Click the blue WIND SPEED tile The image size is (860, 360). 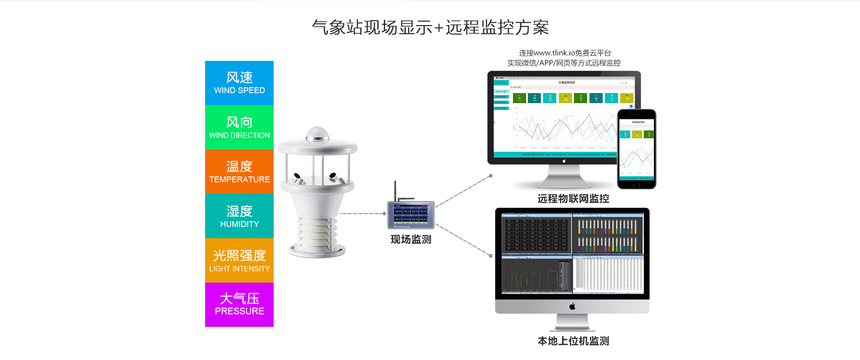[239, 83]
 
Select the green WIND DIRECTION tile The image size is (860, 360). [239, 127]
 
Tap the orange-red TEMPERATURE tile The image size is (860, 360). [239, 171]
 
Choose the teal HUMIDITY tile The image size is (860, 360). [239, 216]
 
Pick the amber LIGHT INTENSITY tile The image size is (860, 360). [239, 260]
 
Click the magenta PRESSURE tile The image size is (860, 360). [239, 304]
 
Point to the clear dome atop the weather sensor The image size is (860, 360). [318, 134]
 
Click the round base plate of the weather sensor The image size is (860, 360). [317, 251]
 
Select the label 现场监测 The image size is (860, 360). [411, 240]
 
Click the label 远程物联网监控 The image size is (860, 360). [573, 199]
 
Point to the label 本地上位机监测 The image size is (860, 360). [573, 341]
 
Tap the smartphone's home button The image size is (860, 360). [636, 184]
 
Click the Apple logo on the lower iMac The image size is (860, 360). [572, 306]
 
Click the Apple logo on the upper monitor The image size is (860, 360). [564, 161]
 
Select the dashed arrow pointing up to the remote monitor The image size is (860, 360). [464, 191]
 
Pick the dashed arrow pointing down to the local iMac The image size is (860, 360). [464, 241]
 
